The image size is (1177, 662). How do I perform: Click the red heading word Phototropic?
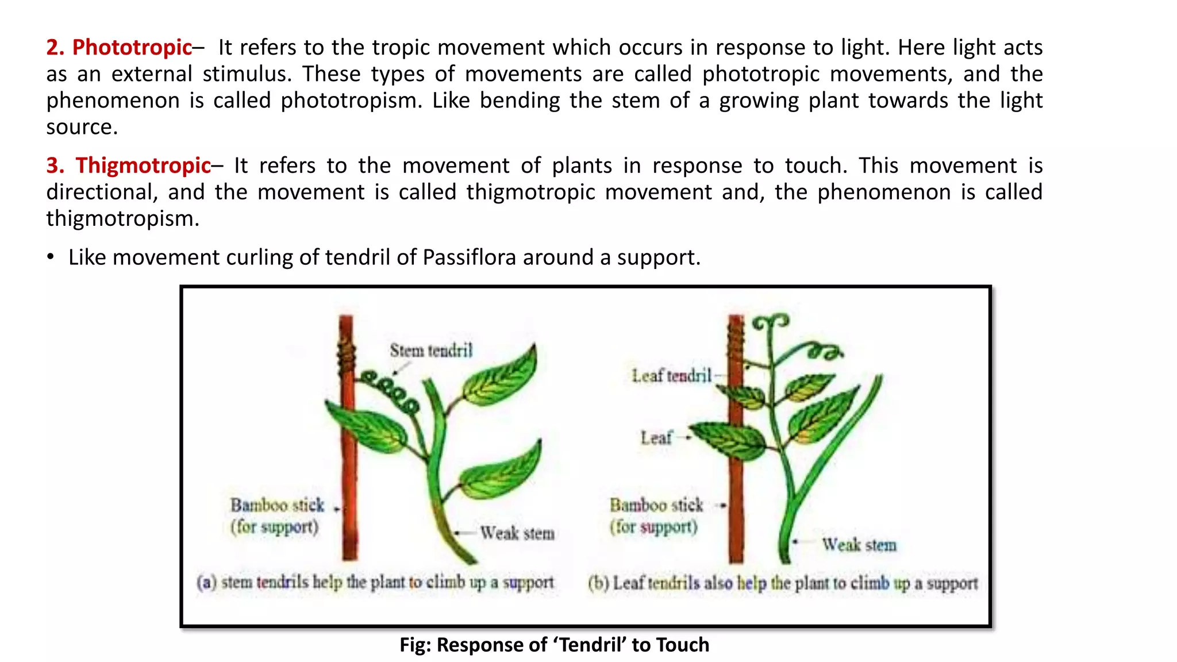coord(132,47)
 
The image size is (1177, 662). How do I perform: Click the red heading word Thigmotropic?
coord(143,165)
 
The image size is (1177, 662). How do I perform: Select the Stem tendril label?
coord(431,351)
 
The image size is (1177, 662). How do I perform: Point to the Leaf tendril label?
coord(671,376)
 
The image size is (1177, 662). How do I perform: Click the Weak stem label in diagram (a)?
coord(517,533)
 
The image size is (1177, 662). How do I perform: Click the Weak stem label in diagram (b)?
coord(859,544)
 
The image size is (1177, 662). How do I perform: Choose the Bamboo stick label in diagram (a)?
coord(277,506)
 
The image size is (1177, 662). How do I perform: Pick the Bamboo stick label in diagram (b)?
coord(656,506)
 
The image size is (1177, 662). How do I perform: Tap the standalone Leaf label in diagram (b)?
coord(656,438)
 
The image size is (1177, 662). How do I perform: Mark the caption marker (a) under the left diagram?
coord(206,583)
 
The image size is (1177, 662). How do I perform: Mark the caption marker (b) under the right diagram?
coord(598,583)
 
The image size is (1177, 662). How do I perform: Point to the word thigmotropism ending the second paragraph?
coord(122,219)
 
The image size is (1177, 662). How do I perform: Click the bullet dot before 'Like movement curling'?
coord(51,257)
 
